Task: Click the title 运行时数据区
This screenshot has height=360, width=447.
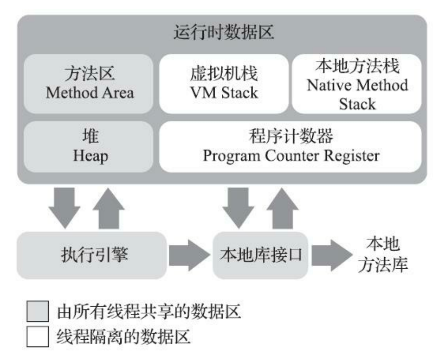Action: click(223, 33)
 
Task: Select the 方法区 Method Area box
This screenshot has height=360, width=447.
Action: click(90, 83)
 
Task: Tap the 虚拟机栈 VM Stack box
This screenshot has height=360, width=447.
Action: click(223, 83)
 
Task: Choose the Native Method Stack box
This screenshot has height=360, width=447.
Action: click(357, 83)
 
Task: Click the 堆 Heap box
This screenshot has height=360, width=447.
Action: click(90, 147)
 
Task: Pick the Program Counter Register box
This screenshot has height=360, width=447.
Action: click(290, 147)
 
